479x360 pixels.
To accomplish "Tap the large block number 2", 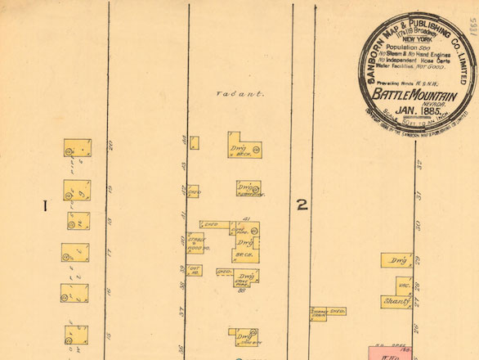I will click(x=302, y=205).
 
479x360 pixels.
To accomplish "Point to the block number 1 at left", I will click(x=46, y=205).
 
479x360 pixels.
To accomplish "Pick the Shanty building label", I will click(x=396, y=302).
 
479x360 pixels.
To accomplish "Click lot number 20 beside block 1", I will click(x=109, y=147).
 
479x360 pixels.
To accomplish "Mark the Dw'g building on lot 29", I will click(x=397, y=261).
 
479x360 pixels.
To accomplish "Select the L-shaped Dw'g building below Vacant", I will click(x=243, y=146).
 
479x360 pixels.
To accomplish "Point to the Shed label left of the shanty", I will click(x=337, y=312).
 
